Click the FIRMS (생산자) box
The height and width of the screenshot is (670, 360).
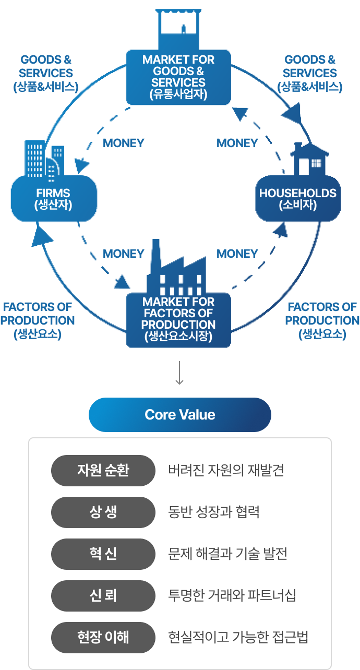pyautogui.click(x=54, y=198)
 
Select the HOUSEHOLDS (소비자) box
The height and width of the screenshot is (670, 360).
pyautogui.click(x=297, y=198)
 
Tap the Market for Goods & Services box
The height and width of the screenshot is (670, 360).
pyautogui.click(x=178, y=77)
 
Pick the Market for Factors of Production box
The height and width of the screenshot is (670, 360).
pyautogui.click(x=178, y=319)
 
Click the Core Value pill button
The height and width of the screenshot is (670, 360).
pyautogui.click(x=180, y=415)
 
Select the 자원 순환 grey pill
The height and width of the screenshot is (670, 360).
pyautogui.click(x=103, y=470)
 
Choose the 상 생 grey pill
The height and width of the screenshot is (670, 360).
pyautogui.click(x=103, y=512)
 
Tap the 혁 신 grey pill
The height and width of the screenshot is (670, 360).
pyautogui.click(x=103, y=554)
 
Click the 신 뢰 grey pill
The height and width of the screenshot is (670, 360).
pyautogui.click(x=103, y=595)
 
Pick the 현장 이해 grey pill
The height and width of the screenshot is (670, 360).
pyautogui.click(x=103, y=637)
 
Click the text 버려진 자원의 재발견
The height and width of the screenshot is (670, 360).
pyautogui.click(x=226, y=470)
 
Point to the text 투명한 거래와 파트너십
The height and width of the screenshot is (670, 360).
pyautogui.click(x=232, y=595)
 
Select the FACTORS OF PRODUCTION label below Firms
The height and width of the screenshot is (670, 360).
pyautogui.click(x=38, y=320)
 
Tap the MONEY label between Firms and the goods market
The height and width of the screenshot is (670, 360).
pyautogui.click(x=124, y=143)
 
